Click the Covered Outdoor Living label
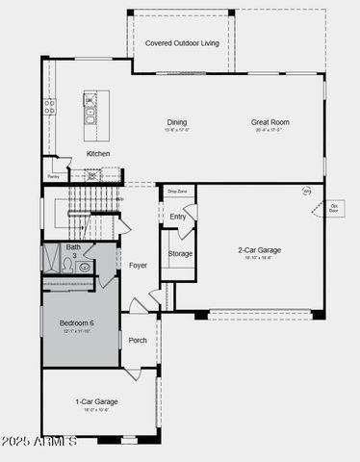(182, 43)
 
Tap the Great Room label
(270, 122)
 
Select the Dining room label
(177, 122)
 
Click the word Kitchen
(98, 154)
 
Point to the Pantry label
(54, 176)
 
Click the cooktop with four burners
(49, 108)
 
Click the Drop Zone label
(176, 192)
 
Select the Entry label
(178, 217)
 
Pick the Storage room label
(180, 253)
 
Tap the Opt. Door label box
(334, 207)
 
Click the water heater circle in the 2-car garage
(307, 192)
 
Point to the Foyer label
(139, 265)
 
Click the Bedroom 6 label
(77, 322)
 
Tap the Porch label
(138, 340)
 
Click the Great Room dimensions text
(270, 130)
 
